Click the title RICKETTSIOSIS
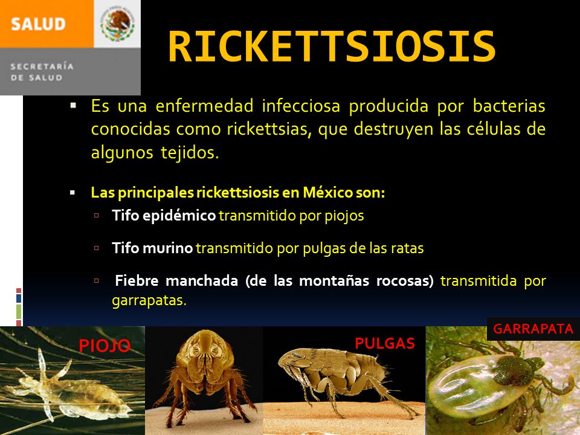click(x=332, y=47)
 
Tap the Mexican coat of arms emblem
click(x=117, y=24)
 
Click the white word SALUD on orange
click(x=37, y=24)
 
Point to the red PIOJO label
click(x=105, y=346)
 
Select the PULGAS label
click(x=385, y=344)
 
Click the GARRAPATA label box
click(x=533, y=329)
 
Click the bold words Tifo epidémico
click(x=164, y=216)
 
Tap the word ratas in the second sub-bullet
click(x=408, y=248)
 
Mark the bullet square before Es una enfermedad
click(x=73, y=106)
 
